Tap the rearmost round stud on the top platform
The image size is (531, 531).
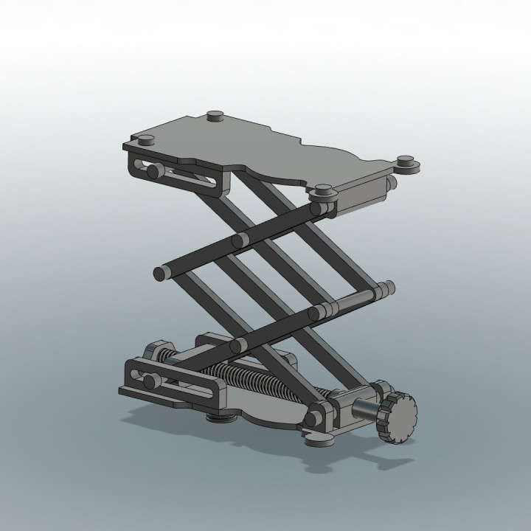point(215,115)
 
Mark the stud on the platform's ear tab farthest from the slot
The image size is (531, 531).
point(405,160)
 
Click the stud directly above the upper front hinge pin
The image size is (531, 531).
point(323,189)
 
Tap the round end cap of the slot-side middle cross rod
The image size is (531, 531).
point(160,274)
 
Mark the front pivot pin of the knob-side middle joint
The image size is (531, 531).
point(316,313)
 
